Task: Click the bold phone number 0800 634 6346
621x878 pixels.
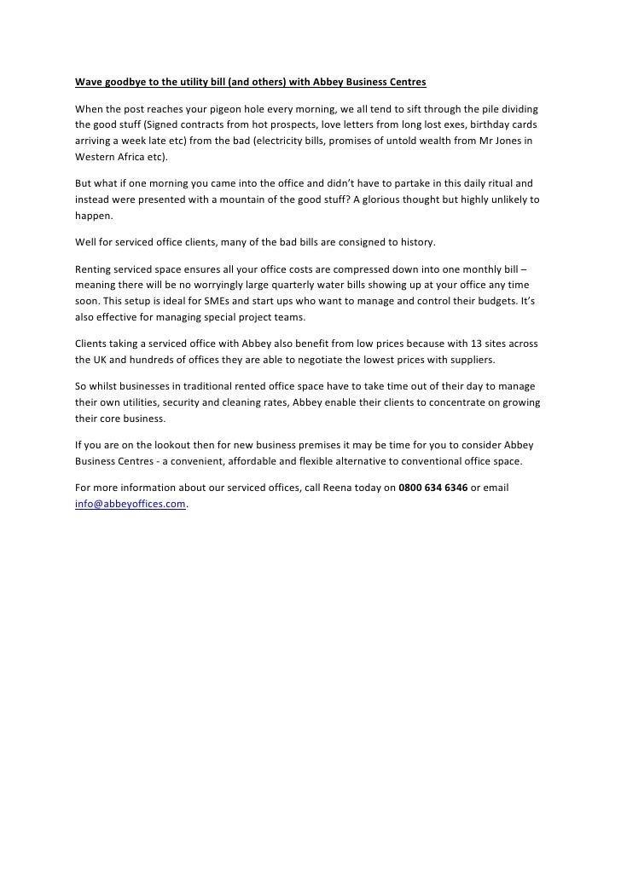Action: point(433,488)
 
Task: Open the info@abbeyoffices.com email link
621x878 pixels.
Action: point(130,503)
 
